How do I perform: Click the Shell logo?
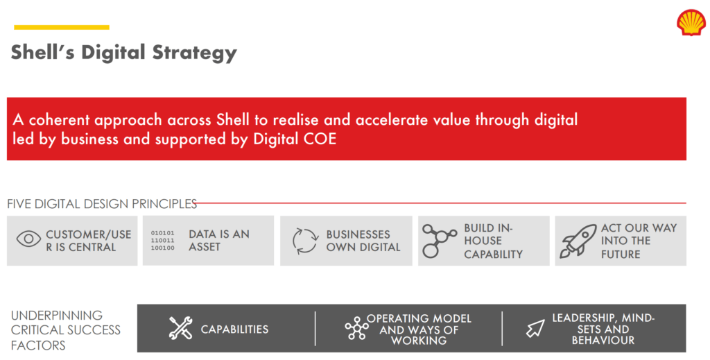(x=691, y=23)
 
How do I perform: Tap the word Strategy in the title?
(x=195, y=53)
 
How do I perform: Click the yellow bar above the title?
(x=62, y=27)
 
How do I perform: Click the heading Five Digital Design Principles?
(x=102, y=204)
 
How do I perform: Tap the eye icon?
(x=28, y=239)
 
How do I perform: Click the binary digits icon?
(x=162, y=241)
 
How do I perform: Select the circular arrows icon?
(x=306, y=241)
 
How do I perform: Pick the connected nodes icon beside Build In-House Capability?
(x=439, y=241)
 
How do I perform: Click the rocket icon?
(x=578, y=241)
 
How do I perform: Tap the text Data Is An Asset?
(x=219, y=241)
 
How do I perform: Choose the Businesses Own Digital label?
(x=363, y=241)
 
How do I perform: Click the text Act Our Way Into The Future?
(x=639, y=241)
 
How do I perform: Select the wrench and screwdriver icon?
(x=180, y=328)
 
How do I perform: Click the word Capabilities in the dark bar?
(x=234, y=329)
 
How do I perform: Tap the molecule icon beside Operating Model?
(x=356, y=328)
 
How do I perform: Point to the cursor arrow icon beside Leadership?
(x=535, y=328)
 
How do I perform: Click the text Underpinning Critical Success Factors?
(x=66, y=330)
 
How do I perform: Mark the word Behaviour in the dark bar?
(x=603, y=341)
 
